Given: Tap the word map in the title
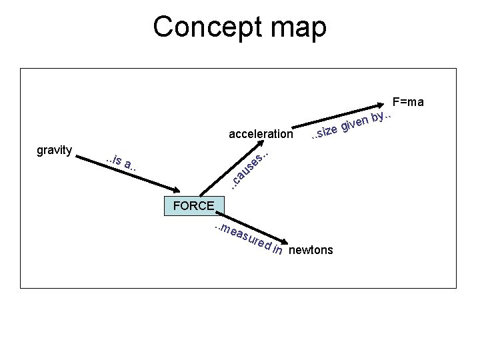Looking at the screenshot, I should [297, 27].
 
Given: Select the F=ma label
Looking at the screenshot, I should [408, 102].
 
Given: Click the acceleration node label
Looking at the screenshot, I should [260, 134].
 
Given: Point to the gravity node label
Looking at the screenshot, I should [55, 150].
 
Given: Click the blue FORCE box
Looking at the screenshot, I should [194, 206].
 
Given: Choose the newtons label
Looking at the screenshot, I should [313, 251].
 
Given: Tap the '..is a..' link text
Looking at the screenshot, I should [122, 162].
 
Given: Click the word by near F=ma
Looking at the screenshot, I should [379, 117].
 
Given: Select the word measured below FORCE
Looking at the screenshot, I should [243, 237].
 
